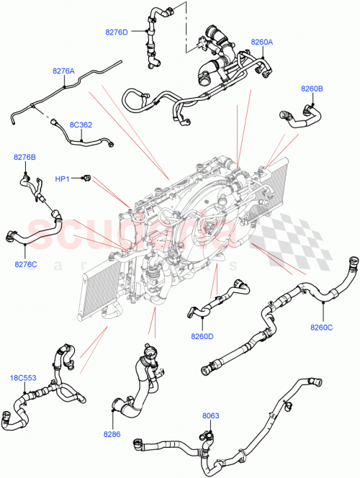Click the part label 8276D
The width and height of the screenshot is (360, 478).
pos(117,32)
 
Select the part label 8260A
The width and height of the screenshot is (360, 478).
pos(262,42)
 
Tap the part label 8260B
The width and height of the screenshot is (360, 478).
pos(312,89)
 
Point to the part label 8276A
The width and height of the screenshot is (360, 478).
pos(63,71)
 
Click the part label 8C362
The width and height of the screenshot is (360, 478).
pos(81,125)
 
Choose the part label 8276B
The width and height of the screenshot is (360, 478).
pos(24,156)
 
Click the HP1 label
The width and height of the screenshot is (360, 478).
pos(63,177)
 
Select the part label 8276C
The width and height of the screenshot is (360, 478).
pos(27,265)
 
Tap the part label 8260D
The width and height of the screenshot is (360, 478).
pos(203,335)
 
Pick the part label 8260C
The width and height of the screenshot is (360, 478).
pos(322,328)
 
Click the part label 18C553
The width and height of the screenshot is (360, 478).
pos(22,377)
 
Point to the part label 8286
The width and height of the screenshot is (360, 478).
pos(112,435)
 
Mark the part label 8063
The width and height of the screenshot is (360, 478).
pos(211,415)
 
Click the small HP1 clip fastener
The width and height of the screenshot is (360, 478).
pos(86,176)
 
